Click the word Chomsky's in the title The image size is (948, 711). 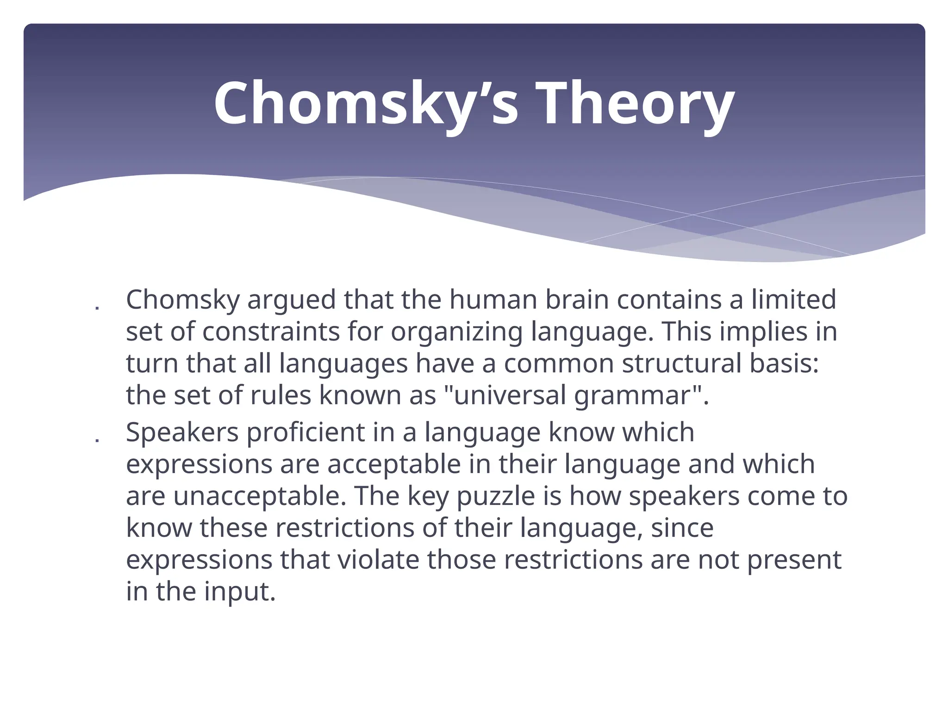pyautogui.click(x=366, y=104)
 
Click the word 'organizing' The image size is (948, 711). pyautogui.click(x=456, y=332)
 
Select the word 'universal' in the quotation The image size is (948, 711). pyautogui.click(x=509, y=396)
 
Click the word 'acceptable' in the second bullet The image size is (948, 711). pyautogui.click(x=394, y=465)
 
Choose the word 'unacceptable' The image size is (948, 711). pyautogui.click(x=260, y=497)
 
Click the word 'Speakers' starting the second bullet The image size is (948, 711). pyautogui.click(x=182, y=433)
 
